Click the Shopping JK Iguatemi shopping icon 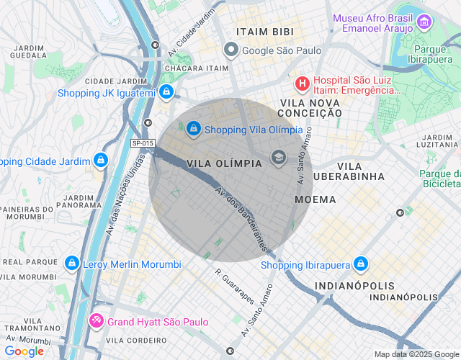[x=166, y=92]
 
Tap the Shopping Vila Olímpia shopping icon [x=193, y=129]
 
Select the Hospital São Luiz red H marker [x=303, y=84]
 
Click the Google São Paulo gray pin [x=230, y=50]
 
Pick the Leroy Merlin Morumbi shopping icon [x=72, y=264]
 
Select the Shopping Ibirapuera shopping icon [x=361, y=264]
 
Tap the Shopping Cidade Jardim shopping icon [x=101, y=160]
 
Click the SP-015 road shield [x=143, y=143]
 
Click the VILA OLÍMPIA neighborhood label [x=224, y=163]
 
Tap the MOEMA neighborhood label [x=315, y=199]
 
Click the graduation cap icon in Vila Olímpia [x=278, y=158]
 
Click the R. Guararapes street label [x=234, y=284]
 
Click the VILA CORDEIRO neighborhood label [x=137, y=340]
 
